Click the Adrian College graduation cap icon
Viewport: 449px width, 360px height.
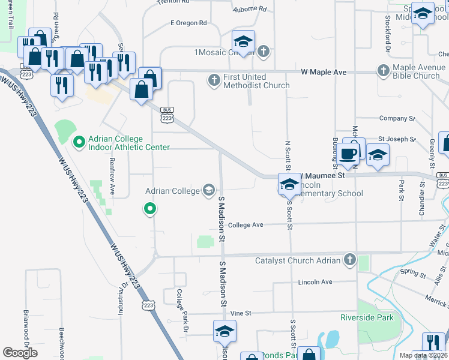pyautogui.click(x=208, y=191)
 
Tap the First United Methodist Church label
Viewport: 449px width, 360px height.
pyautogui.click(x=256, y=81)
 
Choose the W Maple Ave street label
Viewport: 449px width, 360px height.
pyautogui.click(x=324, y=72)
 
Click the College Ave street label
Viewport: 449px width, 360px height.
pyautogui.click(x=246, y=225)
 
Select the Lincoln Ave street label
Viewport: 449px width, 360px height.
pyautogui.click(x=315, y=281)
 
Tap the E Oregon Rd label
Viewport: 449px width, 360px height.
pyautogui.click(x=188, y=23)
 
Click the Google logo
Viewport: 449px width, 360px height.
pyautogui.click(x=20, y=353)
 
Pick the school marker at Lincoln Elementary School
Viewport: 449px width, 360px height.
pyautogui.click(x=289, y=184)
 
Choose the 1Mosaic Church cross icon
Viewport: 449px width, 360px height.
pyautogui.click(x=264, y=52)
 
